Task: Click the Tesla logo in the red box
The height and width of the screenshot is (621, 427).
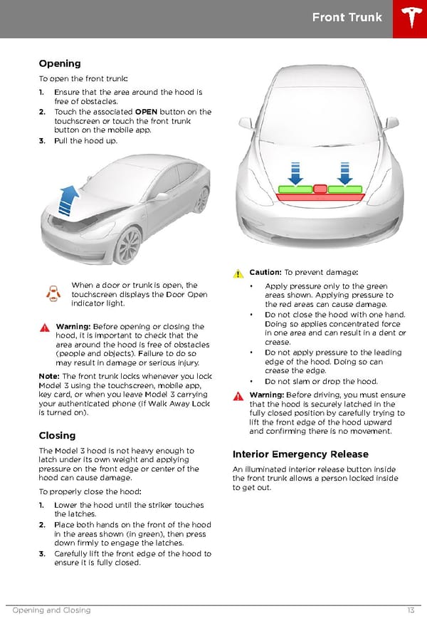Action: click(x=410, y=19)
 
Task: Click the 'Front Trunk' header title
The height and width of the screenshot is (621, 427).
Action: click(x=347, y=18)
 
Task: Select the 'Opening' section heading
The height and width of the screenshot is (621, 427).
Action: click(x=60, y=63)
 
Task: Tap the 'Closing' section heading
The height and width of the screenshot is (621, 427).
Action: click(x=57, y=435)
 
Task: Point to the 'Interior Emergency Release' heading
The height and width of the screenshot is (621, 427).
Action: click(x=300, y=454)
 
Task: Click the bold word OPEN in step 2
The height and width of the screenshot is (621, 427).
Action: click(x=146, y=112)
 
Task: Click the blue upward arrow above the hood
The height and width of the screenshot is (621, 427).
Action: click(x=69, y=199)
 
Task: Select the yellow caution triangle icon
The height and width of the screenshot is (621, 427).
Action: click(x=238, y=273)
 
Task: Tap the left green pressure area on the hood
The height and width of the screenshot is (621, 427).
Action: click(x=295, y=189)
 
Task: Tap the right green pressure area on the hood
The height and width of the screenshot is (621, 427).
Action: click(x=345, y=189)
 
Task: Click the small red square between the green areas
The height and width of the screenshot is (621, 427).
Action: click(x=320, y=189)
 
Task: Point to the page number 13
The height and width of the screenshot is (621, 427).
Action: click(x=411, y=610)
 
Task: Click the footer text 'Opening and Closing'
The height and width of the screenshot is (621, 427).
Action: click(x=51, y=610)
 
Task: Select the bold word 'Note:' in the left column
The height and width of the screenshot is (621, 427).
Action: click(x=51, y=376)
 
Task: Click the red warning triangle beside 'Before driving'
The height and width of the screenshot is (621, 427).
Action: click(x=238, y=395)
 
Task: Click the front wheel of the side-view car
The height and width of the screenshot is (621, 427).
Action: click(x=128, y=246)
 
